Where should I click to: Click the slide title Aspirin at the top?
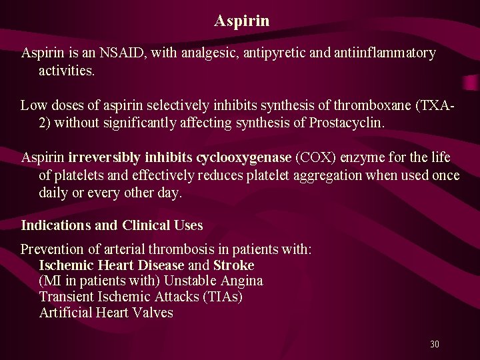pos(242,21)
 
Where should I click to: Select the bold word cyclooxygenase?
pos(244,158)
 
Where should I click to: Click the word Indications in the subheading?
pos(56,225)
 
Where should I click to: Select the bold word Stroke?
pos(233,265)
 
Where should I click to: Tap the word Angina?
pos(241,281)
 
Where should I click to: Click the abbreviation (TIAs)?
pos(221,297)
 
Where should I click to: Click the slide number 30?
pos(434,345)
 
